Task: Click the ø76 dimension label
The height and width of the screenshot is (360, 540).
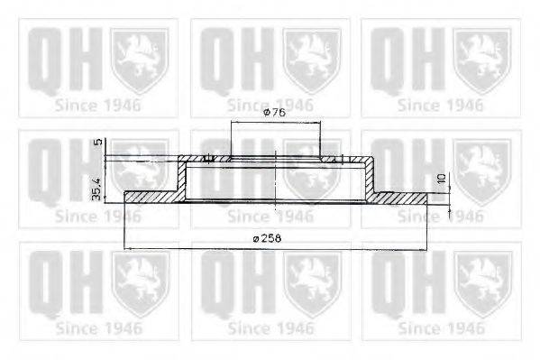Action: (x=274, y=113)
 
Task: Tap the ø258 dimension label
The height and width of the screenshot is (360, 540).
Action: (x=267, y=238)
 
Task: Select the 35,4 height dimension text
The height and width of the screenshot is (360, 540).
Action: (x=96, y=189)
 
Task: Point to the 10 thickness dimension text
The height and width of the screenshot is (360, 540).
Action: (x=442, y=179)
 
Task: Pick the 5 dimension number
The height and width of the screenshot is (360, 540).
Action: (x=98, y=142)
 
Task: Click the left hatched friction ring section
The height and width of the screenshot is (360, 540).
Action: (x=151, y=197)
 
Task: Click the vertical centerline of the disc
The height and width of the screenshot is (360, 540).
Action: (x=276, y=180)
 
